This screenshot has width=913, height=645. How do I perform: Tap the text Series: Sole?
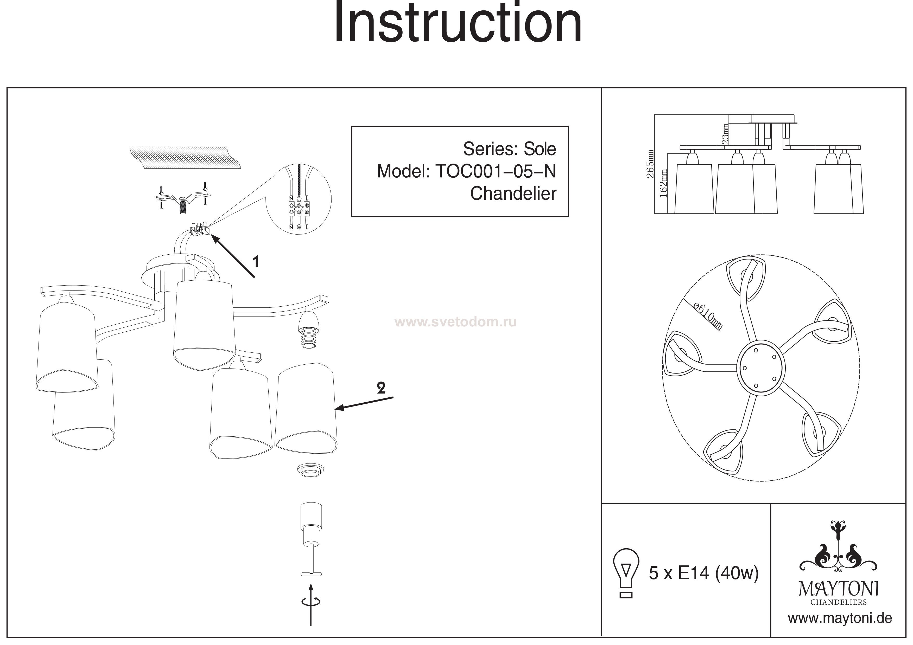(x=509, y=149)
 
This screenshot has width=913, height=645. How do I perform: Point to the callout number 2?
(x=381, y=388)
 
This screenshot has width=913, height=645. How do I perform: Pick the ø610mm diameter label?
(x=708, y=316)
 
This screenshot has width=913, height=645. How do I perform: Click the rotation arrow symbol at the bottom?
(x=310, y=602)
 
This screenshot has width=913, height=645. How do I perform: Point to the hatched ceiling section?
(x=185, y=158)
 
